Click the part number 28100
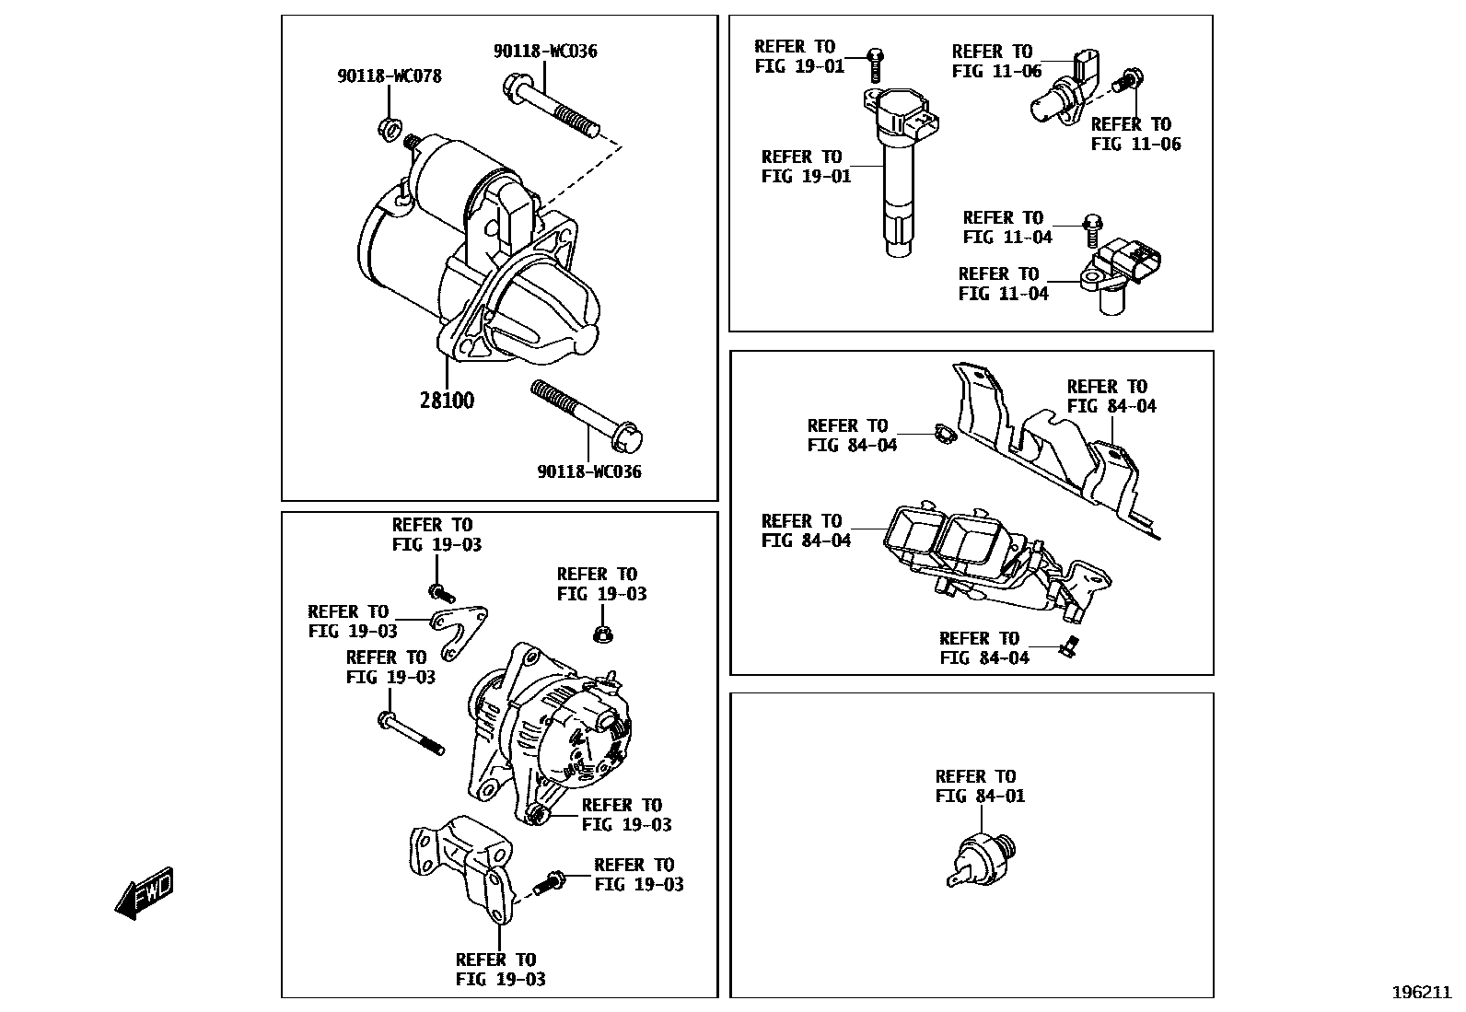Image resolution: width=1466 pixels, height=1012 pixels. tap(448, 401)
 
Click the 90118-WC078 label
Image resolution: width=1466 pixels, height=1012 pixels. tap(389, 76)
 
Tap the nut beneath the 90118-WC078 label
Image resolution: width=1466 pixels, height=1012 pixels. tap(388, 125)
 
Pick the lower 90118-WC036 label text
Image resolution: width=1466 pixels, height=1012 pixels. tap(589, 471)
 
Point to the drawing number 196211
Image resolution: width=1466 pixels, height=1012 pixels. tap(1421, 992)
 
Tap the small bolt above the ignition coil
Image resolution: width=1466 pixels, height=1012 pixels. tap(875, 64)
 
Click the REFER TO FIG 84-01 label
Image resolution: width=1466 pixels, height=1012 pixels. tap(979, 785)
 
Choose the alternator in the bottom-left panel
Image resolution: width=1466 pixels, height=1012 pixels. tap(548, 732)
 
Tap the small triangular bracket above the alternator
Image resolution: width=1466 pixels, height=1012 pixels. tap(460, 630)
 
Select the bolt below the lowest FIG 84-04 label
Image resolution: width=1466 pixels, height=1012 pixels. tap(1069, 647)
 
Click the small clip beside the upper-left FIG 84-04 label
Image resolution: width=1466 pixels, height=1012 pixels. tap(939, 432)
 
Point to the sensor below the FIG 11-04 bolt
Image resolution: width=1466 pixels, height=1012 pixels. tap(1122, 272)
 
